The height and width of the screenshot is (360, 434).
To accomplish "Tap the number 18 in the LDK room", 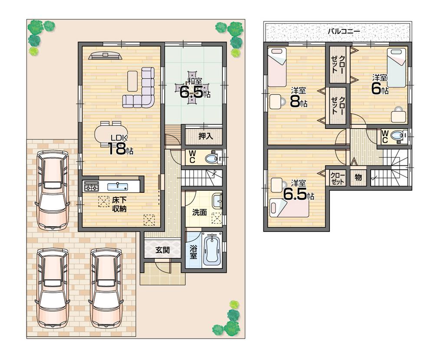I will (x=117, y=149).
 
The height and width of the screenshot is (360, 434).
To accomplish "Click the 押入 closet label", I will (x=205, y=136).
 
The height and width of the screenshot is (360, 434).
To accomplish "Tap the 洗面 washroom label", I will (x=200, y=212).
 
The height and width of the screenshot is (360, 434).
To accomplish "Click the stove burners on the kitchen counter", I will (x=91, y=187).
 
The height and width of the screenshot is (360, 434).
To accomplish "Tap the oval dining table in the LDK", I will (x=112, y=133).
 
